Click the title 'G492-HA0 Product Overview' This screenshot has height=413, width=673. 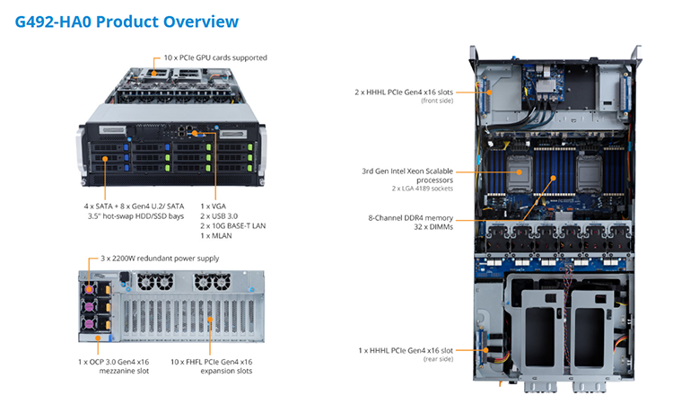point(127,22)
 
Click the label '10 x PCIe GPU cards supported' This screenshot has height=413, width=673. point(215,57)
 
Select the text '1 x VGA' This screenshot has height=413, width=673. point(213,206)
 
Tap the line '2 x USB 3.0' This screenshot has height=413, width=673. point(219,216)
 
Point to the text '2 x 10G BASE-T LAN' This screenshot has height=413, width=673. point(233,226)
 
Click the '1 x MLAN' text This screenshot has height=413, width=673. point(216,236)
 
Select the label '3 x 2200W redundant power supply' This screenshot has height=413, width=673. point(160,259)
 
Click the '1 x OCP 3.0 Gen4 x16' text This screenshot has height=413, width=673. point(114,362)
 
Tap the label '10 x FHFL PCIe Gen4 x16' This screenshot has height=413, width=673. point(211,362)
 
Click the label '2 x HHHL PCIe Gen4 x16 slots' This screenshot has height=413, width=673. point(404,92)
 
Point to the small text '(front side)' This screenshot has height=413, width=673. point(437,101)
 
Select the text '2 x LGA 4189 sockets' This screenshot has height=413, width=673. point(423,189)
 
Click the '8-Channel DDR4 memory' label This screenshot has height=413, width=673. point(410,217)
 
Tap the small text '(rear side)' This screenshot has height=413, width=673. point(438,359)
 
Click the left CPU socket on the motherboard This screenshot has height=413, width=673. point(520,172)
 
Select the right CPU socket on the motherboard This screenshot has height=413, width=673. point(589,172)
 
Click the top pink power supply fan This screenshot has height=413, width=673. point(89,289)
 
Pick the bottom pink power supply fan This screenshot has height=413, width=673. point(89,323)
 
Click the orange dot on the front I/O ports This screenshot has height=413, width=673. point(195,133)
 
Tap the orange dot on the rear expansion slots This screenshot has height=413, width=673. point(210,320)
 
